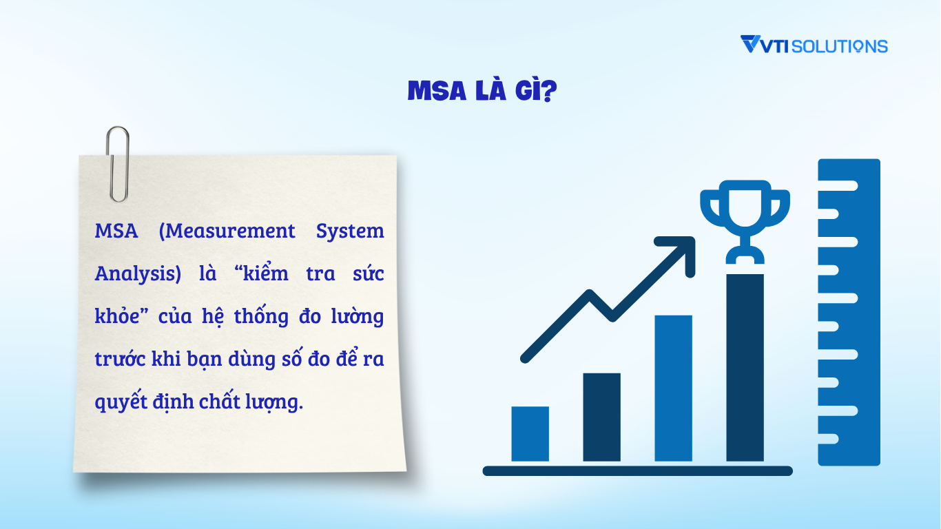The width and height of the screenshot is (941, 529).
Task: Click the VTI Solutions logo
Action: click(x=814, y=45)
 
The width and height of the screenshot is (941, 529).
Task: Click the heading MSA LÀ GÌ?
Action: click(x=482, y=90)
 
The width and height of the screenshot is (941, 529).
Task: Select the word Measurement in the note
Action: click(x=227, y=231)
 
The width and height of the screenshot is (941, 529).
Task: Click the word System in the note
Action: click(x=350, y=231)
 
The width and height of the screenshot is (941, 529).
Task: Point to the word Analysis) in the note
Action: click(x=138, y=275)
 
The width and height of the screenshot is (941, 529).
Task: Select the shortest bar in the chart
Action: click(x=530, y=433)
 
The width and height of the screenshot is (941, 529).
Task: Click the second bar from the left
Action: click(x=601, y=417)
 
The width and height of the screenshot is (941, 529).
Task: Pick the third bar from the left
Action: click(x=673, y=388)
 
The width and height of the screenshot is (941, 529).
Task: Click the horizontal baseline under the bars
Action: click(x=637, y=471)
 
